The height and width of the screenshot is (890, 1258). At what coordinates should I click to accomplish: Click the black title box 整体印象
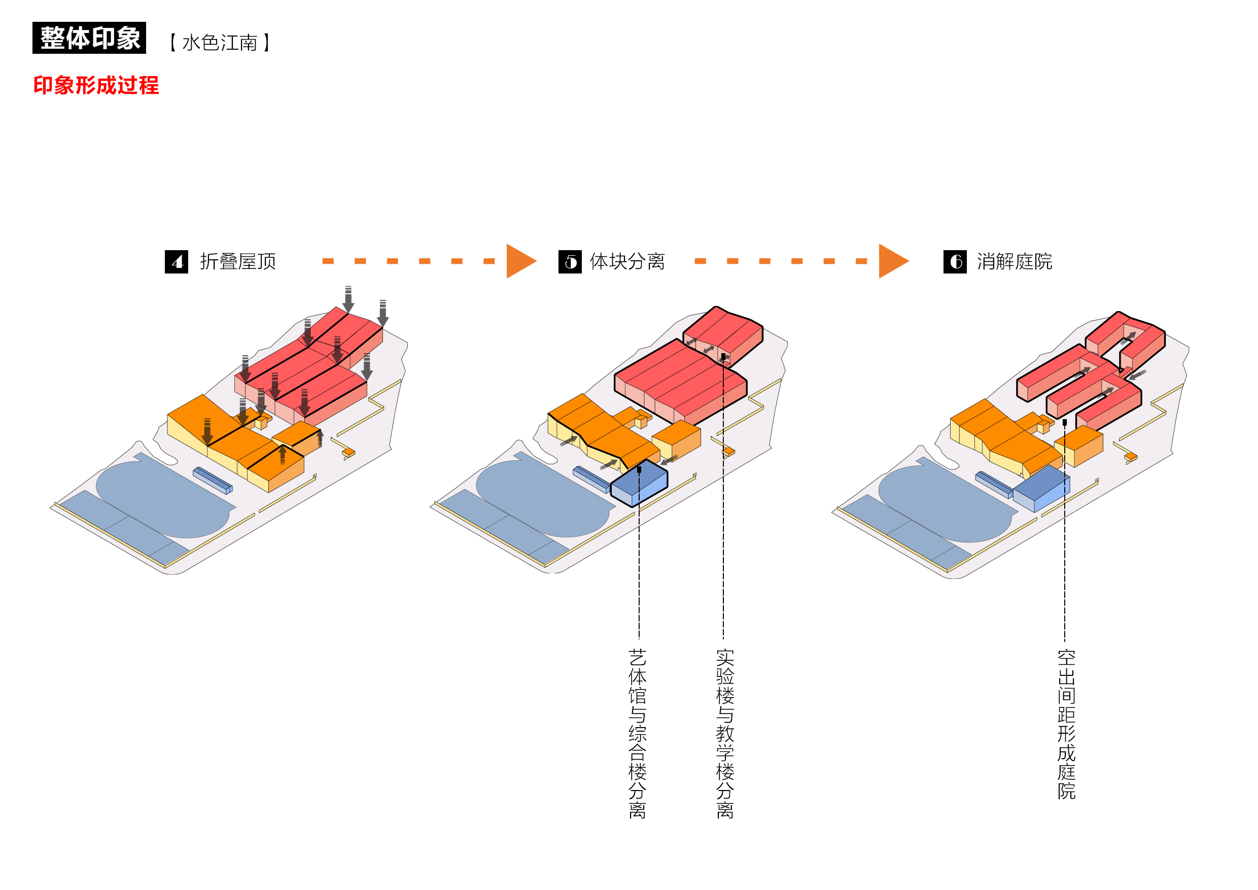click(x=89, y=38)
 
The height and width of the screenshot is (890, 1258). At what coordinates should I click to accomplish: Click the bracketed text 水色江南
click(x=220, y=42)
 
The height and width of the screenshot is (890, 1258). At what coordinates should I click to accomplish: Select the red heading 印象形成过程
click(x=96, y=85)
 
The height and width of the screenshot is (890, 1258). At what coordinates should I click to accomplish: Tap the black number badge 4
click(x=177, y=261)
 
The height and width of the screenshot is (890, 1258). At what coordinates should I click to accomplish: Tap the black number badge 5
click(x=570, y=261)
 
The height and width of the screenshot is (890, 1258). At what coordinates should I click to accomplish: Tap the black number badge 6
click(x=955, y=261)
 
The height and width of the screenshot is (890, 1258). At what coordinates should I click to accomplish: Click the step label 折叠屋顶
click(x=238, y=261)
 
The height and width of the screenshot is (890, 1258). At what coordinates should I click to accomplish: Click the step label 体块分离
click(x=627, y=261)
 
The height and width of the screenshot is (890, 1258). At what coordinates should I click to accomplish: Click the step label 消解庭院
click(x=1014, y=261)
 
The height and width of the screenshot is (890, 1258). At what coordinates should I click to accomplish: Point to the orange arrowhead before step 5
click(x=519, y=261)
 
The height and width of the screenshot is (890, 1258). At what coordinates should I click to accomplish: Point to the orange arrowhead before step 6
click(x=891, y=261)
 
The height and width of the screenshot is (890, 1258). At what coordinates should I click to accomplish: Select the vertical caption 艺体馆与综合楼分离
click(x=637, y=733)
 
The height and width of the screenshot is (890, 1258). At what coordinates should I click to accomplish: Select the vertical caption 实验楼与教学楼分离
click(x=725, y=733)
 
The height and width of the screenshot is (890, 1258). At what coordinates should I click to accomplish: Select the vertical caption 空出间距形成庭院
click(x=1066, y=724)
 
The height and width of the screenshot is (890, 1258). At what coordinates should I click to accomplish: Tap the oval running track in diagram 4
click(x=162, y=499)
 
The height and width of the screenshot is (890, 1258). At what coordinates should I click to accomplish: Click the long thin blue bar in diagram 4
click(x=213, y=480)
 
